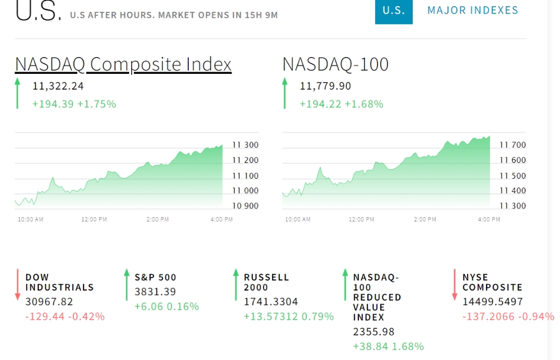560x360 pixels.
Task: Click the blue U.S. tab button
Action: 394,11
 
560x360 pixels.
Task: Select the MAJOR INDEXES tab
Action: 473,10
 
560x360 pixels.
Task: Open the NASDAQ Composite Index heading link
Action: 123,64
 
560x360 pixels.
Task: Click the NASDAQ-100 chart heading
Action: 335,64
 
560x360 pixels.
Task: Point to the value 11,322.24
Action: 58,86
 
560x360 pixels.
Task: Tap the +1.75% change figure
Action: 97,104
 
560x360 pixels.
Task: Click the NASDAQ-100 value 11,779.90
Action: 325,86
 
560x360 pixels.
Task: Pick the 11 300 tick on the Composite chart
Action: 245,145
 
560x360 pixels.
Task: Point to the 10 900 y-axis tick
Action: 245,205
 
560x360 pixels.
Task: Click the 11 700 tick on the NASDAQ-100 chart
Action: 512,145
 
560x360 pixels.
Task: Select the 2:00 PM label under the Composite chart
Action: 157,219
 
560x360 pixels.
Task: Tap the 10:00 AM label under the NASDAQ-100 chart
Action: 298,219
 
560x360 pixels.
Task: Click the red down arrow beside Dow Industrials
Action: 17,284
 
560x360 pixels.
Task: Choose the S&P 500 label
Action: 155,278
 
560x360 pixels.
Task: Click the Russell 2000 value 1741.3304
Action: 270,302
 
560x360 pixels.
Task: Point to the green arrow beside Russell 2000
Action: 236,284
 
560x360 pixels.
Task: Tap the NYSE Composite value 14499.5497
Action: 492,302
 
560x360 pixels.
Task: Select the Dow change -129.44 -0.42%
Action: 65,316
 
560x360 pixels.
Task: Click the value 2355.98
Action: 374,332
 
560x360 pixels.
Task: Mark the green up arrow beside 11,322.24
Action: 17,93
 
